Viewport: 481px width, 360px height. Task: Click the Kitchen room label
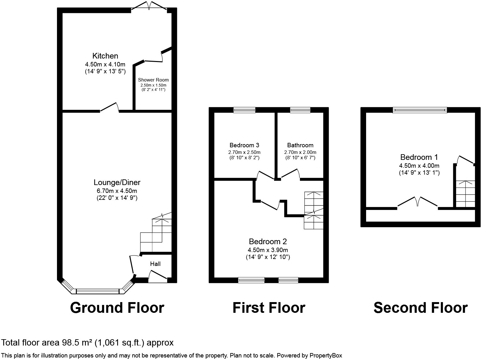105,56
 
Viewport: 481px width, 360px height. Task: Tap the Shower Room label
153,80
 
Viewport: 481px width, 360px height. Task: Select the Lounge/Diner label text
117,183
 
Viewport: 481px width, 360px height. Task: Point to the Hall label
155,264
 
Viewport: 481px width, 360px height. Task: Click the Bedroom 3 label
244,145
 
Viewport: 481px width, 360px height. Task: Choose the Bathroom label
300,145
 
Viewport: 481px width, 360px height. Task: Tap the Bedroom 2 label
268,242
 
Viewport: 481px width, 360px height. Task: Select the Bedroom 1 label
419,157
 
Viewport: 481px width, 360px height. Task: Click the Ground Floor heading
117,308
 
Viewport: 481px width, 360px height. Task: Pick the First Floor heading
269,308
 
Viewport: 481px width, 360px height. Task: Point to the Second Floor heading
420,308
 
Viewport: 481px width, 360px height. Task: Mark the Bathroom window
300,110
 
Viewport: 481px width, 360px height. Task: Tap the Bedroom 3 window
244,110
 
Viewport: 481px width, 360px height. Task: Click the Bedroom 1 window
420,110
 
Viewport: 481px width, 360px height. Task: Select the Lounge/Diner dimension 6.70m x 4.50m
117,191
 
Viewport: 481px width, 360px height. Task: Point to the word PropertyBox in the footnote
325,356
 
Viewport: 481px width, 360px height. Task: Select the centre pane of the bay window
98,291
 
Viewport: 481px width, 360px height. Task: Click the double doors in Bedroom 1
418,202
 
